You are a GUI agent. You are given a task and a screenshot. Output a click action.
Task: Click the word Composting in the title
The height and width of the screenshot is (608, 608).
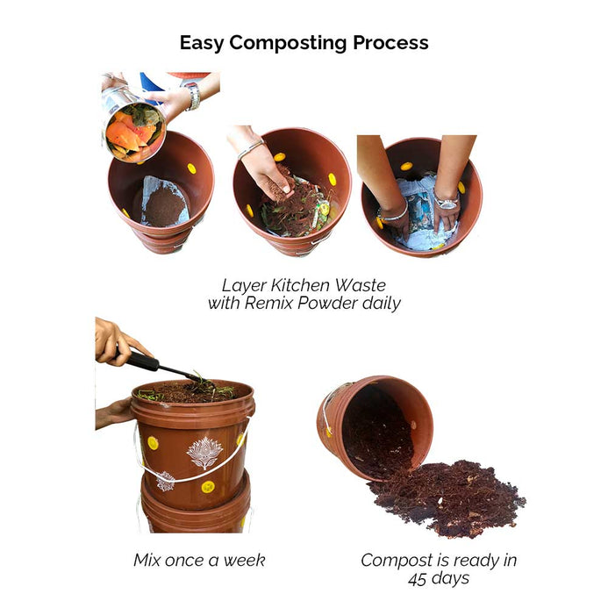(x=288, y=43)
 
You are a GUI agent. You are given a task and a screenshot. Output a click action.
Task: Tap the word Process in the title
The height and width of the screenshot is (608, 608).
(x=390, y=42)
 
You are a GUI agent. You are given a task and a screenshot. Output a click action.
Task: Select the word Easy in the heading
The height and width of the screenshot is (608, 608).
(x=202, y=43)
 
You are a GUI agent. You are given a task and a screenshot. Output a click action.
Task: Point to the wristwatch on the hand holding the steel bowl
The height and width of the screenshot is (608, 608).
(x=193, y=96)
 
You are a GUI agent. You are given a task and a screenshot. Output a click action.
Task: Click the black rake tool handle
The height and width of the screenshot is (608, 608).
(x=140, y=361)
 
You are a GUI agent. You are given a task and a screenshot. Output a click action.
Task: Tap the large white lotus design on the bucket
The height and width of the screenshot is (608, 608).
(x=204, y=452)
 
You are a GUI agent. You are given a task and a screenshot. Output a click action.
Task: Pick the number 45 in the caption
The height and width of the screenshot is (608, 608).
(x=418, y=579)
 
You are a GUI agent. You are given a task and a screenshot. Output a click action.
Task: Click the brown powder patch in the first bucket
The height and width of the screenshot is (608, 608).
(x=165, y=205)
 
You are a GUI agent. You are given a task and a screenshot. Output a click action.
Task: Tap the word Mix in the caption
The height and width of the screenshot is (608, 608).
(x=147, y=561)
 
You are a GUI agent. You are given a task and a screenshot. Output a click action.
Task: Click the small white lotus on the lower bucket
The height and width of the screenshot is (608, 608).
(x=165, y=481)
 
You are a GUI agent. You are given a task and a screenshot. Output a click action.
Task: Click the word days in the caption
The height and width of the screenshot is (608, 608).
(x=450, y=579)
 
